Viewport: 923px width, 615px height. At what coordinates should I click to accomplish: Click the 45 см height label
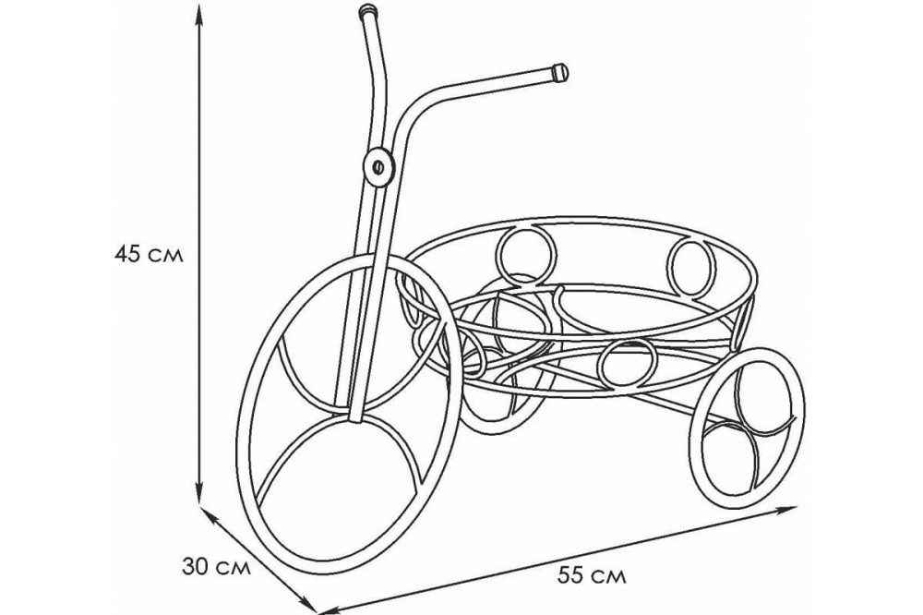[x=149, y=255]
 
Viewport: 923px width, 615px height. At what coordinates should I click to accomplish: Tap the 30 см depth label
[x=216, y=567]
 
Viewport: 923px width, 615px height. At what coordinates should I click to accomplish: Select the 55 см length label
[x=592, y=575]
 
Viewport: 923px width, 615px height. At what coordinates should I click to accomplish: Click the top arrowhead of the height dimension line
[x=199, y=17]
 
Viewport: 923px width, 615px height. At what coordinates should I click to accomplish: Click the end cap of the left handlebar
[x=367, y=10]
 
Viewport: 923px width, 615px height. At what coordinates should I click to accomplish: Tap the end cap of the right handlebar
[x=560, y=72]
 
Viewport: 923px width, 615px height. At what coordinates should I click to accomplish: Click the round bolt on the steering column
[x=378, y=167]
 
